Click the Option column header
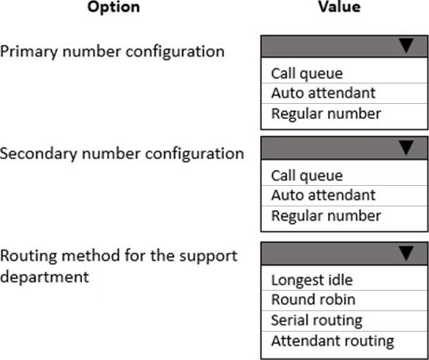[x=114, y=7]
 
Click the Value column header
[x=339, y=6]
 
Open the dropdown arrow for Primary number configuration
[x=406, y=46]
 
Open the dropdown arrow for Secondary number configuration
[x=406, y=147]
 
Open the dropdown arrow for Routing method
[x=406, y=253]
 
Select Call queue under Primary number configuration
[x=307, y=74]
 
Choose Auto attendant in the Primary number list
[x=323, y=93]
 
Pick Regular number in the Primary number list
[x=326, y=113]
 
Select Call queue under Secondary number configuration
[x=307, y=176]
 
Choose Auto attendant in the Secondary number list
[x=323, y=195]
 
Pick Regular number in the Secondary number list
[x=326, y=216]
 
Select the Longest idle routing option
[x=312, y=280]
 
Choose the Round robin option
[x=313, y=299]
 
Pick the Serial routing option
[x=316, y=321]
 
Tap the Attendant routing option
[x=333, y=341]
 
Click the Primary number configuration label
[x=112, y=52]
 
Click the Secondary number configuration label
[x=121, y=154]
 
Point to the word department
[x=44, y=277]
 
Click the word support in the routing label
[x=208, y=257]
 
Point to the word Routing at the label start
[x=28, y=256]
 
